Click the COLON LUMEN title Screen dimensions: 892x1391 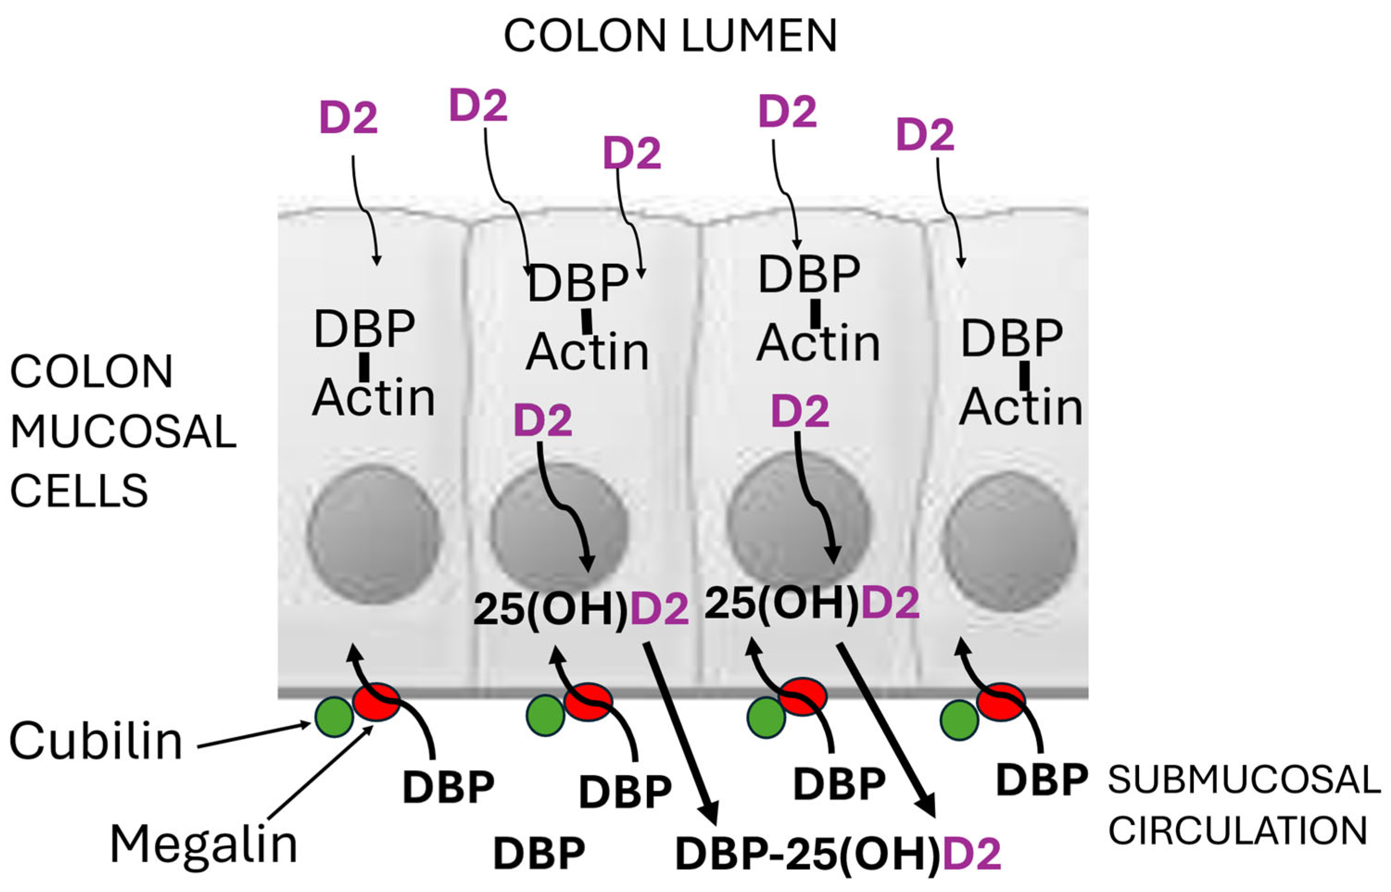point(670,36)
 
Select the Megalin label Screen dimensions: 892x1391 point(203,844)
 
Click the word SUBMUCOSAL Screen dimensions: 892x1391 point(1244,779)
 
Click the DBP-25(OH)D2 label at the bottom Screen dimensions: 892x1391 point(838,854)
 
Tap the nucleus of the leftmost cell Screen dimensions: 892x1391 point(373,536)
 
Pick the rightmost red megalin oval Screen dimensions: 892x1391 point(1001,702)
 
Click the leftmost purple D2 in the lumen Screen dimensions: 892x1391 point(348,118)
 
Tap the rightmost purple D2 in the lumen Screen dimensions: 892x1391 point(925,134)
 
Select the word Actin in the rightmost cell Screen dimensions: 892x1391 point(1021,407)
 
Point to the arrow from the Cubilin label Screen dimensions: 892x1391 point(255,735)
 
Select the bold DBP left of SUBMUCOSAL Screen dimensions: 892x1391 point(1041,779)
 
